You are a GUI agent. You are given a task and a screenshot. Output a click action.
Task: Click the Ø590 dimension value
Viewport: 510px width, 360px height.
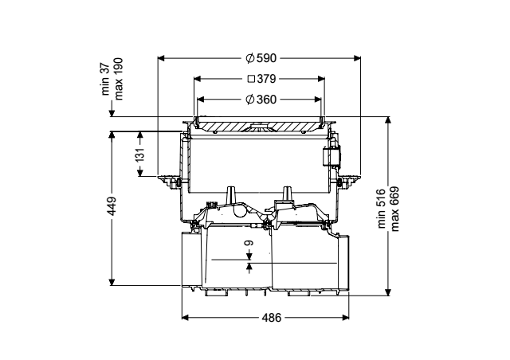pos(261,58)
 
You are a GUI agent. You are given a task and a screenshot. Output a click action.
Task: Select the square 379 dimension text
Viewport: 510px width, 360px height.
pos(262,79)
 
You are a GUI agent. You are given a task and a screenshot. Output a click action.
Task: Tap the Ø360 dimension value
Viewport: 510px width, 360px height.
pos(261,100)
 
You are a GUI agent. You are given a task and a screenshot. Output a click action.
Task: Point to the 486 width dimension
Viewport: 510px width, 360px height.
pos(271,318)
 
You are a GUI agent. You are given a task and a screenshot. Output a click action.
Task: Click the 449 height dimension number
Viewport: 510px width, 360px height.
pos(112,205)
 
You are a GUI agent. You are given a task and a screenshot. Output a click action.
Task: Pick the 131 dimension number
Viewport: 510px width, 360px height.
pos(140,155)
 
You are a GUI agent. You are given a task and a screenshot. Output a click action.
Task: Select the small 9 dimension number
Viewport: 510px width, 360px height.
pos(249,243)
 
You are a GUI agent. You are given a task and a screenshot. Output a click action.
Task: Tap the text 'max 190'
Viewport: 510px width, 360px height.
pos(119,79)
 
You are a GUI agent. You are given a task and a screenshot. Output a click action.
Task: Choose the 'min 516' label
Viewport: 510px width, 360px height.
pos(382,208)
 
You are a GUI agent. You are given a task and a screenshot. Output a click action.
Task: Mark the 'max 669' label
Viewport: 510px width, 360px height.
pos(394,209)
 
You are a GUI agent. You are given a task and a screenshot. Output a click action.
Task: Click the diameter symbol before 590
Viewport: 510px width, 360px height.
pos(249,58)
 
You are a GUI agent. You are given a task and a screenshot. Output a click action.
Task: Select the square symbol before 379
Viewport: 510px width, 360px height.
pos(252,79)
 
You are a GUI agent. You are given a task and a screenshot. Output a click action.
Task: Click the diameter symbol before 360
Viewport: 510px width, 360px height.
pos(249,100)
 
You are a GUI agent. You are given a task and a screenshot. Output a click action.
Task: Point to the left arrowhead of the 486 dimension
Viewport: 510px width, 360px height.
pos(186,318)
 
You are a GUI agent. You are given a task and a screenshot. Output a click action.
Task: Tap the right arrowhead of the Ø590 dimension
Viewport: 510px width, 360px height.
pos(357,58)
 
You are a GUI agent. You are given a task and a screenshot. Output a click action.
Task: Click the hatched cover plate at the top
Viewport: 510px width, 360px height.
pos(258,126)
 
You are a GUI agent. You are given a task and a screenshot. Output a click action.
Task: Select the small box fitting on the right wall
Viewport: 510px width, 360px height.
pos(331,157)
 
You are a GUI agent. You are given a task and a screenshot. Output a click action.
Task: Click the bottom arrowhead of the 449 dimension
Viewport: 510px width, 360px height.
pos(112,282)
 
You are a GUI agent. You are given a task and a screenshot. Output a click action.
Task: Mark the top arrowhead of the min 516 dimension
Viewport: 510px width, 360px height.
pos(388,120)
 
